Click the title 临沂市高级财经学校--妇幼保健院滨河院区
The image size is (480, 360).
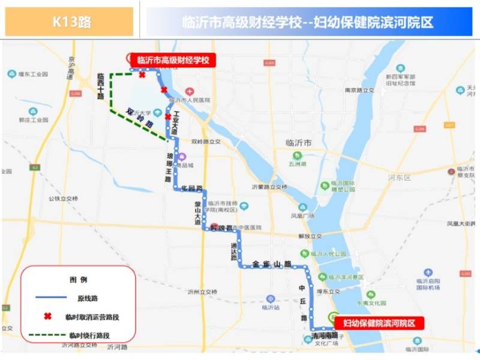(x=308, y=22)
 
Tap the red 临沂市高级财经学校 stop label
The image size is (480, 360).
(x=173, y=59)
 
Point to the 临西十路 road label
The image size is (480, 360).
(x=101, y=86)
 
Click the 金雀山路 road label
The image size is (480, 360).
(x=272, y=263)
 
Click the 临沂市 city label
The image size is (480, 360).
(x=298, y=143)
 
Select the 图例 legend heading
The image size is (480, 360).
(x=79, y=280)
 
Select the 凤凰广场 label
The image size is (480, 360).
(x=302, y=215)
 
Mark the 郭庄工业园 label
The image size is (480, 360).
(x=33, y=119)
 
